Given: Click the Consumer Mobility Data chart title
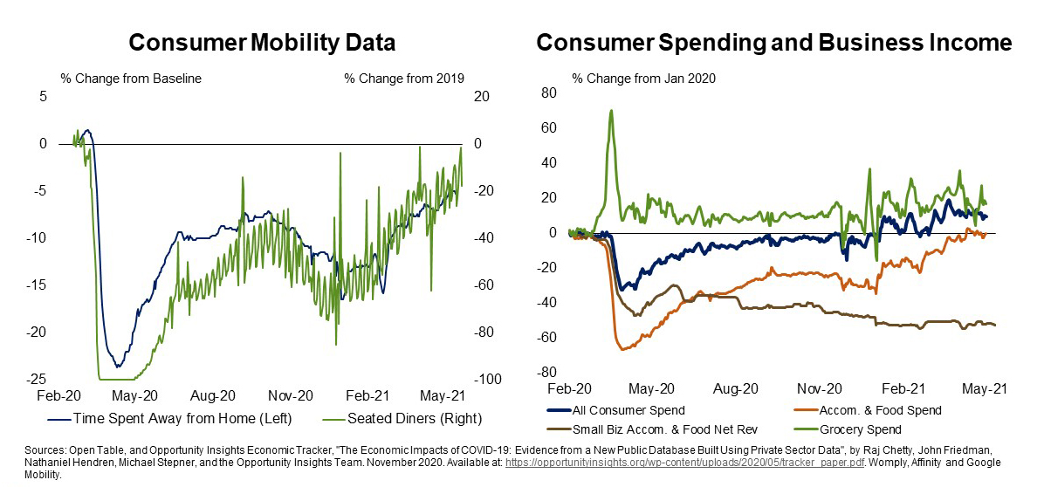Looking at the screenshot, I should tap(262, 43).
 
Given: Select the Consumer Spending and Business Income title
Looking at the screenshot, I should tap(773, 43).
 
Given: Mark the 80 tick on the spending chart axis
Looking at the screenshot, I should tap(549, 93).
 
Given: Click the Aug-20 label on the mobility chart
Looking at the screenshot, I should tap(214, 394).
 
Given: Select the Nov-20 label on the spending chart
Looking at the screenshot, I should tap(820, 389).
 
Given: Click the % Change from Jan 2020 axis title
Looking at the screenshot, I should tap(643, 79).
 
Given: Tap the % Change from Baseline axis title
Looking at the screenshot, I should tap(131, 79).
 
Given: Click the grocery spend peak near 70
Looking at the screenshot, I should tap(611, 110).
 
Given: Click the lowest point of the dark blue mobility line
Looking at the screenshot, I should tap(117, 367).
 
